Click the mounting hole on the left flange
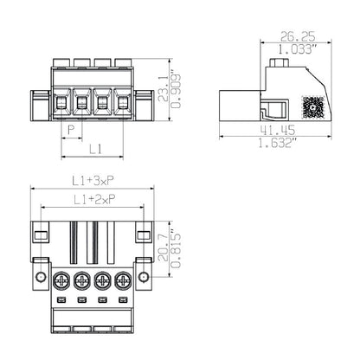[x=40, y=277]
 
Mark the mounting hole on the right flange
[x=144, y=277]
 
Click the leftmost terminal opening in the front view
[x=61, y=104]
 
